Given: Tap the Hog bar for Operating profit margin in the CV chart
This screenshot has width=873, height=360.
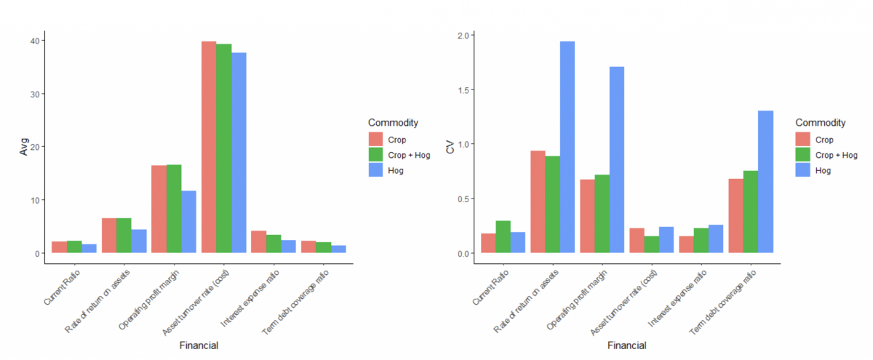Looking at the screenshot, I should coord(616,160).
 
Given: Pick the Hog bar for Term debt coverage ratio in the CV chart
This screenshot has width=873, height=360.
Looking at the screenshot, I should coord(765,182).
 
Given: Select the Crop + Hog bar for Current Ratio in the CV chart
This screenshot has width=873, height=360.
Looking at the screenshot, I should coord(503,237).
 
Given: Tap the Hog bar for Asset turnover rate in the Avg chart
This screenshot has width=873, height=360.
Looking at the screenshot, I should coord(239,153).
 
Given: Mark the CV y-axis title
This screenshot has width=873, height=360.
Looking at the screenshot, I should coord(450,147).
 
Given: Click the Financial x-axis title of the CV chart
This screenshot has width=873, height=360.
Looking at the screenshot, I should coord(626,345).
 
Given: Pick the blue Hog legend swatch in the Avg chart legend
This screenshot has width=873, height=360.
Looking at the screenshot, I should coord(375,171).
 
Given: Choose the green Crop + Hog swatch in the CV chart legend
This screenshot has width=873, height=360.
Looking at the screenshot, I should coord(803,155).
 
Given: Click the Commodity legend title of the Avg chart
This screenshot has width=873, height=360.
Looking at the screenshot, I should coord(393,121).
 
